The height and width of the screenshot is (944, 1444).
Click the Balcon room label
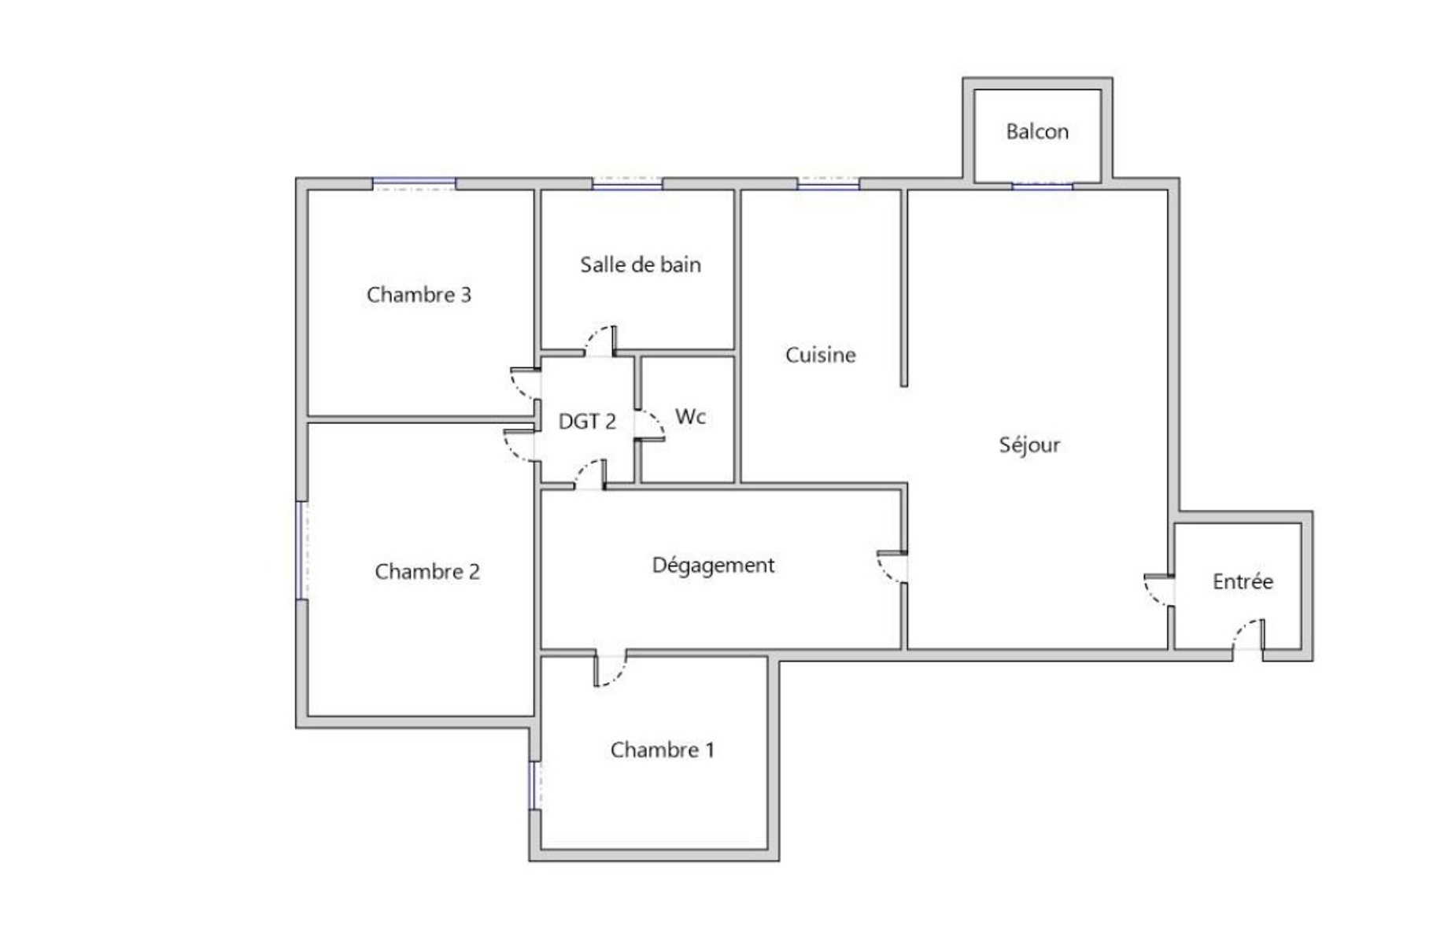click(1037, 131)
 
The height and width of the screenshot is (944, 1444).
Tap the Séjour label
click(1029, 444)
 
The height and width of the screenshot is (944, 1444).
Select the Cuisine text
click(820, 355)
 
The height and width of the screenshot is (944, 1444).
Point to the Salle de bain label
click(641, 264)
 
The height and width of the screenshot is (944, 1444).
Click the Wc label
click(690, 416)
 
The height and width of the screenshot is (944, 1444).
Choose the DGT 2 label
click(587, 422)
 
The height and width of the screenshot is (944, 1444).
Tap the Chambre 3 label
click(419, 294)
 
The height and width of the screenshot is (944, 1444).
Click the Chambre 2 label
click(427, 571)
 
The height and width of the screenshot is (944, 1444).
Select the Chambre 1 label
click(663, 750)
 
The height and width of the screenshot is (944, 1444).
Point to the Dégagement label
click(714, 565)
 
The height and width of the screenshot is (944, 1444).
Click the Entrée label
click(1243, 581)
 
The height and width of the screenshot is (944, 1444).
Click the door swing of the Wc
click(651, 424)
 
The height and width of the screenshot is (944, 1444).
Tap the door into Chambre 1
click(611, 669)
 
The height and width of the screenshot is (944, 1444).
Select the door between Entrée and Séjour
click(1159, 590)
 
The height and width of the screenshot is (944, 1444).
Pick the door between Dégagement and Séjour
click(892, 567)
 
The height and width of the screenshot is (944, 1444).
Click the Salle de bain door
click(600, 341)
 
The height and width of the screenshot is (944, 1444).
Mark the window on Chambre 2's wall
click(301, 551)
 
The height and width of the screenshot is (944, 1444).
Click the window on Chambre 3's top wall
click(414, 184)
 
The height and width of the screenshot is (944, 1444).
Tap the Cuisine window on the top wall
click(828, 183)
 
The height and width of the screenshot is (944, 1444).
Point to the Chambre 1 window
click(534, 785)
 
